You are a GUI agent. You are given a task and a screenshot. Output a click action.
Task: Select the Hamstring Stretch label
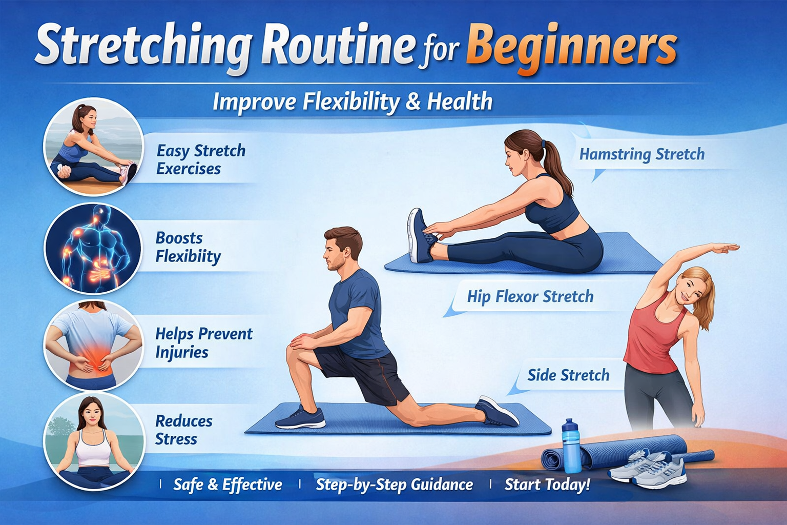point(641,154)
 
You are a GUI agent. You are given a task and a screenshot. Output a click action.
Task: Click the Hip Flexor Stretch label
point(530,296)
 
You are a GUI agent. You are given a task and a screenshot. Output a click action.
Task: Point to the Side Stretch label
point(568,375)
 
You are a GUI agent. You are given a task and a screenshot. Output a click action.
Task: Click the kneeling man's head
point(342,248)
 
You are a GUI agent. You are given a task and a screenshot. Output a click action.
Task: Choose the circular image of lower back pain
point(93,345)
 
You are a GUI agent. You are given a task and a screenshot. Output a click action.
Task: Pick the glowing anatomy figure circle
point(93,248)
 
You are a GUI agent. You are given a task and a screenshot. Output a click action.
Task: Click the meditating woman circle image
point(93,441)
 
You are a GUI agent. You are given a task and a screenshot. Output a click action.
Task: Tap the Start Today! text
point(547,484)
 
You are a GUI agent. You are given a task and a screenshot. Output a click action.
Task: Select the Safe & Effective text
point(227,484)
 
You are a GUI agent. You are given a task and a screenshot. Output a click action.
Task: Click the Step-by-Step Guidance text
point(394,484)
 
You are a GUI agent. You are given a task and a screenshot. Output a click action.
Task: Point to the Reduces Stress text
point(183,430)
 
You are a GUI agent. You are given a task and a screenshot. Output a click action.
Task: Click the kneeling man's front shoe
point(301,418)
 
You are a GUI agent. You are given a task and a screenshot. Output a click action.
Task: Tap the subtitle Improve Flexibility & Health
point(352,102)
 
